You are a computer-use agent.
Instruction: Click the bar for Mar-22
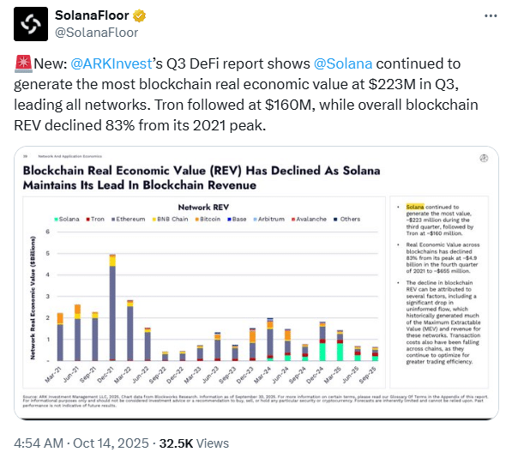(x=130, y=330)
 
